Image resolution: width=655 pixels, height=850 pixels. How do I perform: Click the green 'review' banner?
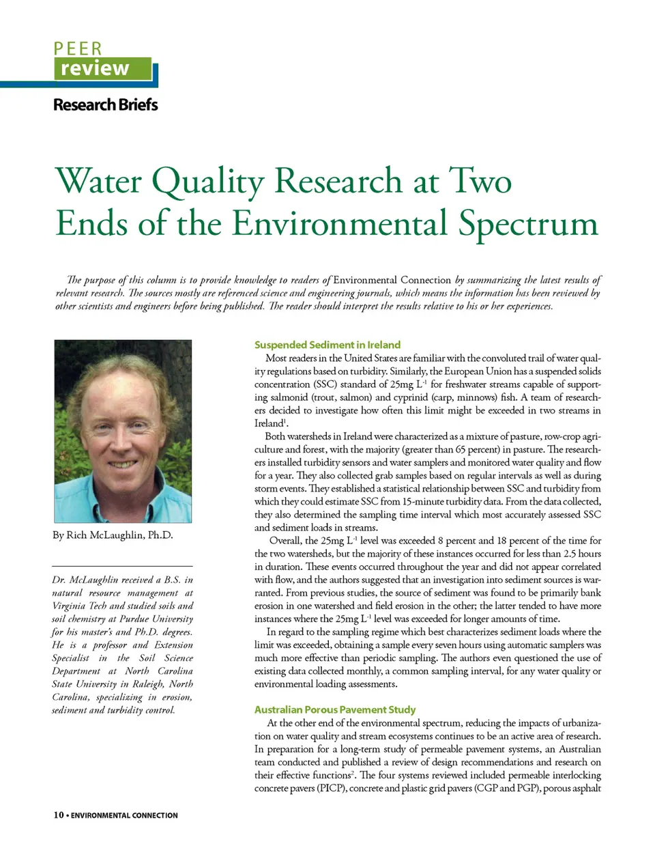coord(102,69)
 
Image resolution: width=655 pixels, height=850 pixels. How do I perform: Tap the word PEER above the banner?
coord(78,49)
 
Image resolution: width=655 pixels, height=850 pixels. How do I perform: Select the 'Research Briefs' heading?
coord(105,105)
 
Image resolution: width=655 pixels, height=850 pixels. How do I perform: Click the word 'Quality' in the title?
coord(207,182)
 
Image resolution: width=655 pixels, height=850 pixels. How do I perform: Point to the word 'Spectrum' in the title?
coord(528,224)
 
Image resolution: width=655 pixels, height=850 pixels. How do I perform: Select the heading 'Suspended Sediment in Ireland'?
coord(327,345)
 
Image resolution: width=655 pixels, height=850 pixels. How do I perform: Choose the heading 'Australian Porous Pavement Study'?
coord(335,709)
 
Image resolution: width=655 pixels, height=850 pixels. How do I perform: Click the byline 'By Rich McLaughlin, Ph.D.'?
coord(113,535)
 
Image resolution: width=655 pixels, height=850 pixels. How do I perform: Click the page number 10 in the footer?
coord(59,815)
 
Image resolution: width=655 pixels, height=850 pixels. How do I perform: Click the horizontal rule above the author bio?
coord(122,566)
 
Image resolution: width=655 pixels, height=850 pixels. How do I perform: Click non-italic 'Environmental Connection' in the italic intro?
coord(392,280)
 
